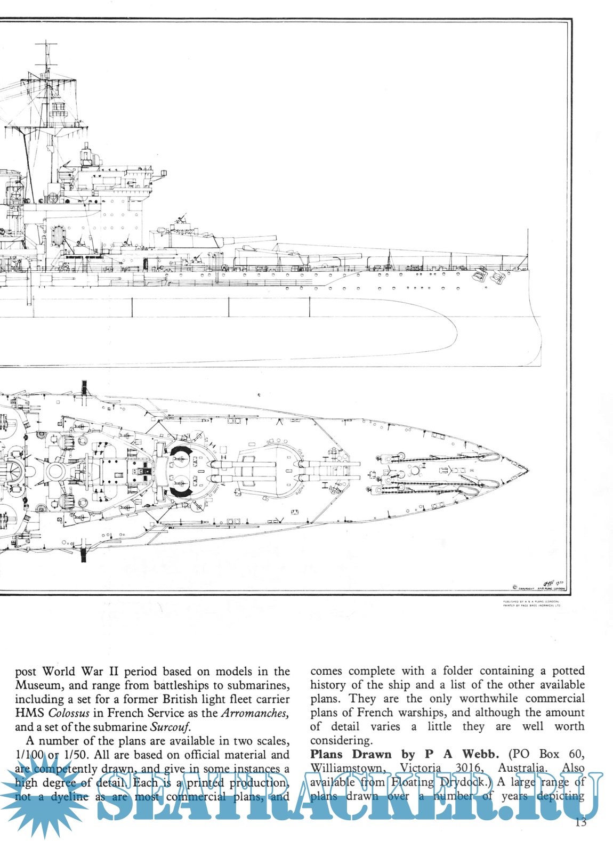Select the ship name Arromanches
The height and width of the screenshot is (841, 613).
(x=255, y=713)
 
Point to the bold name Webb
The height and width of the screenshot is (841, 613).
(x=480, y=754)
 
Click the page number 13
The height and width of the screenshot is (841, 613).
(x=580, y=822)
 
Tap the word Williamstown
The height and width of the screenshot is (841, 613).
(x=348, y=769)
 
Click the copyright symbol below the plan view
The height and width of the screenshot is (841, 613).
(x=514, y=587)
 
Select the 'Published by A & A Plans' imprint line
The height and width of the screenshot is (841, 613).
(x=531, y=601)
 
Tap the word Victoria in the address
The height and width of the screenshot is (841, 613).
(x=420, y=768)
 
